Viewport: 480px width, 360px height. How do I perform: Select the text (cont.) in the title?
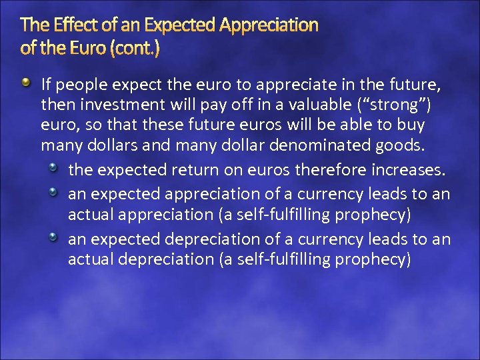(x=136, y=49)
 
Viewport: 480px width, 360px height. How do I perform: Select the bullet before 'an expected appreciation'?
(x=57, y=192)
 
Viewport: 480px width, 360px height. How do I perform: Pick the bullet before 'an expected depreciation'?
(x=57, y=237)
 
